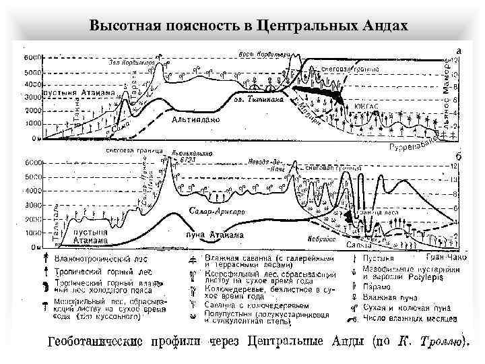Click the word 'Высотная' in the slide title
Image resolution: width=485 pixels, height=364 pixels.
pos(123,26)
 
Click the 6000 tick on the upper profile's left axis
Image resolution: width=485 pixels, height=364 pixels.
pos(32,57)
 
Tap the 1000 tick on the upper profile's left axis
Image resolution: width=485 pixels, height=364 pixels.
pos(32,123)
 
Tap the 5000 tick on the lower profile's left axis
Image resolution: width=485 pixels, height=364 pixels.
pos(32,177)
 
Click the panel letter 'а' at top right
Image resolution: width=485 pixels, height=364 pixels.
pos(459,51)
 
